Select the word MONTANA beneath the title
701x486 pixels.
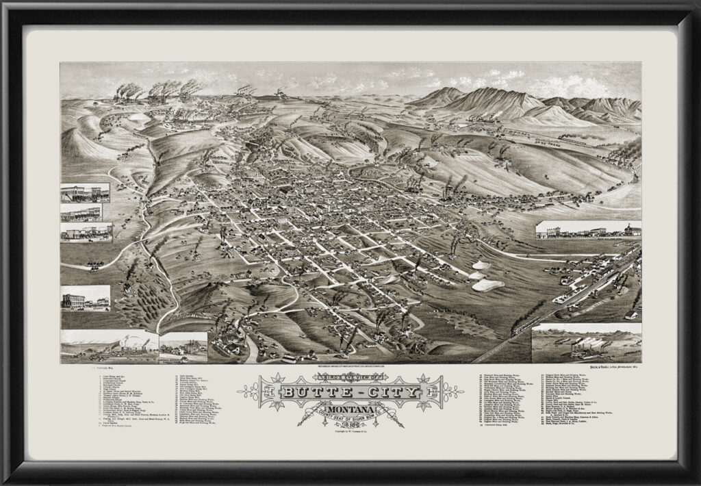[x=329, y=408]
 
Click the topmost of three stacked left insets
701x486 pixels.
[x=85, y=192]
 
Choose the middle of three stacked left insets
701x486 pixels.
[x=85, y=212]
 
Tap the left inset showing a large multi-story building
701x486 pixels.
[x=85, y=298]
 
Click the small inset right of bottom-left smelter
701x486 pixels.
[x=183, y=347]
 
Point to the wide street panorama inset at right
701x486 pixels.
[x=588, y=230]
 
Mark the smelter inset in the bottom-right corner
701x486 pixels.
[x=587, y=343]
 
